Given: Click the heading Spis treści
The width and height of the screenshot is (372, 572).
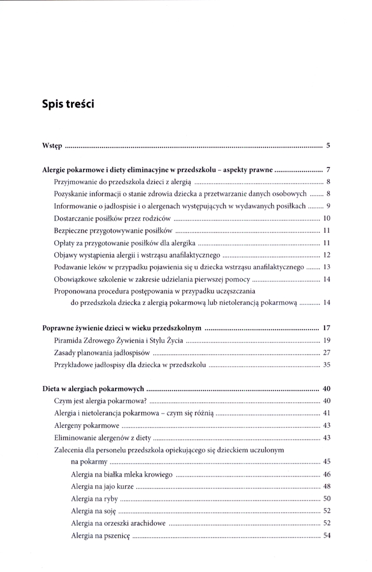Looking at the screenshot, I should coord(68,105).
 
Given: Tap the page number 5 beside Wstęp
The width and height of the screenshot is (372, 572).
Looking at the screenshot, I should coord(328,145).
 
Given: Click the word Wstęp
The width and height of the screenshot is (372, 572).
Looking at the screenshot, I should coord(53,146).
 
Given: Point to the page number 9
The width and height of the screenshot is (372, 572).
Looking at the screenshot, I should coord(329,205).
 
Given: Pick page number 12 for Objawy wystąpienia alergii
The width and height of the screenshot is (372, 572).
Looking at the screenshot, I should coord(327,255).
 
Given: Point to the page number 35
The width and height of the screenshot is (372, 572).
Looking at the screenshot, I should coord(327,364).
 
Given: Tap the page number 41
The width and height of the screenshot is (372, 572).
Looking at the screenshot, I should coord(327,413).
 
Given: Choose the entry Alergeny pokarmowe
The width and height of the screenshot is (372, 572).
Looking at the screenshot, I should coord(86,426).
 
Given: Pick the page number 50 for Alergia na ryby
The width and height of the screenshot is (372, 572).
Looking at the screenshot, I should coord(327,498).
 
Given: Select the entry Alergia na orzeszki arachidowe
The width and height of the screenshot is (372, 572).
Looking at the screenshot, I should coord(118,523).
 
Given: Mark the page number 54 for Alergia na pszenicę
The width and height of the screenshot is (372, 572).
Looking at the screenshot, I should coord(327,535).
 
